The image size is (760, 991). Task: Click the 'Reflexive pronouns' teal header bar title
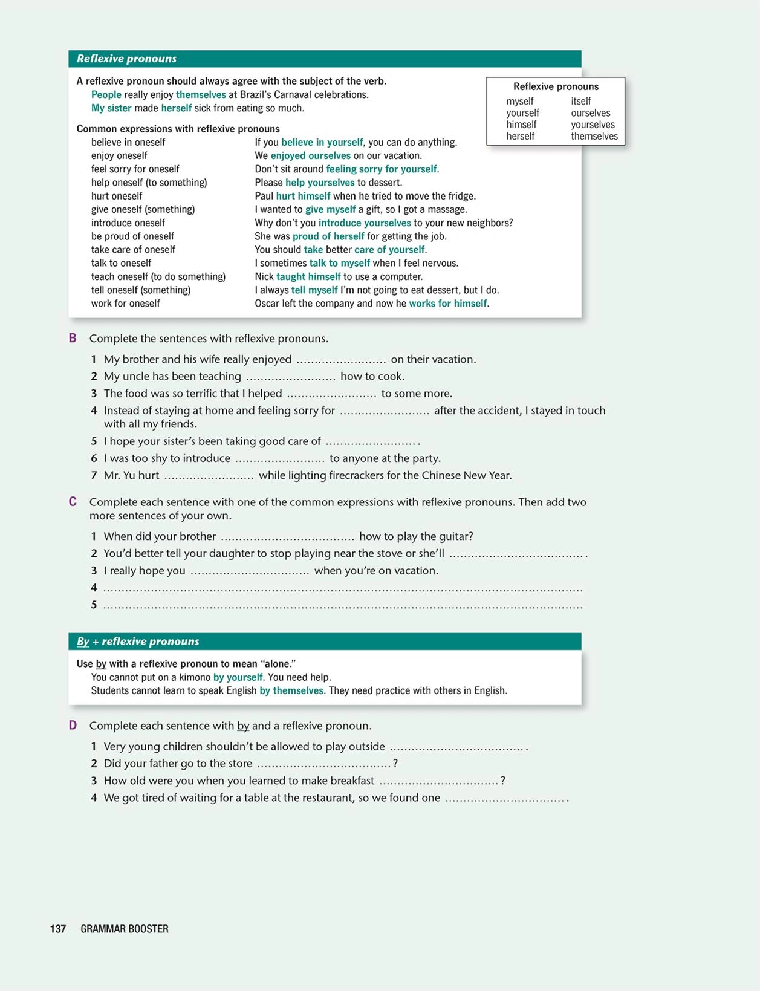tap(126, 59)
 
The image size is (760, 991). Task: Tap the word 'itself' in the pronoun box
tap(580, 101)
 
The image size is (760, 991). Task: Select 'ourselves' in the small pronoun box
tap(590, 113)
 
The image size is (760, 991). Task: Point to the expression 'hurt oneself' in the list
tap(117, 196)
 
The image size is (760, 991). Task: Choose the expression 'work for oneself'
tap(125, 304)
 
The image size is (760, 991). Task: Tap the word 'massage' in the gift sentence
tap(448, 209)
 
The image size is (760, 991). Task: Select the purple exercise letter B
tap(73, 338)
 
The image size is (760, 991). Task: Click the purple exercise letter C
tap(73, 501)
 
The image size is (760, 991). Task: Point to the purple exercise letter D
tap(73, 725)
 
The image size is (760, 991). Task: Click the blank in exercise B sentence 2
tap(290, 377)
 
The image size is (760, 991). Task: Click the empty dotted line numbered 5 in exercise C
tap(342, 605)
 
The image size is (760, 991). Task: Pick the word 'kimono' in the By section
tap(195, 677)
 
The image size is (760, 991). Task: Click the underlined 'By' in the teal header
tap(83, 642)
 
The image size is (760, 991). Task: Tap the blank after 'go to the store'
tap(323, 764)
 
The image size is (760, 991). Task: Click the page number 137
tap(58, 929)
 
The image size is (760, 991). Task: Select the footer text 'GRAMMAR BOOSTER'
tap(125, 929)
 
